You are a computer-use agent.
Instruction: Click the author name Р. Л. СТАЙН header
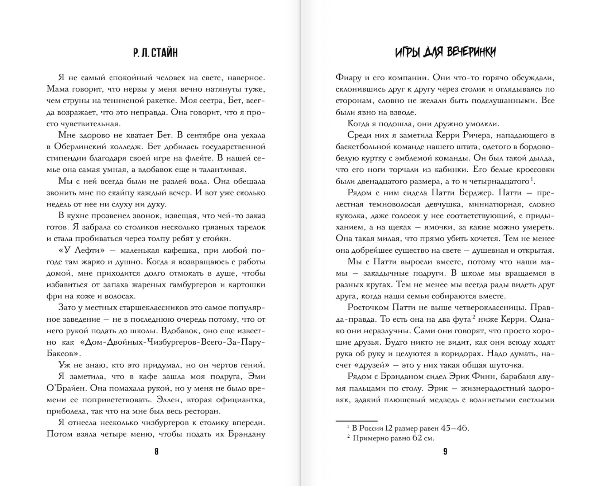point(155,53)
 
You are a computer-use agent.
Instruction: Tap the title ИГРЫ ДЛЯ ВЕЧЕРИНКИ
point(445,52)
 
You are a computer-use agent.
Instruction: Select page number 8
point(156,451)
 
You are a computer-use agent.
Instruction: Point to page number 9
point(445,451)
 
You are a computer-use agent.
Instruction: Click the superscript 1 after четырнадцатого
point(532,179)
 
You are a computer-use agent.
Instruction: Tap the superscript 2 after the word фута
point(474,317)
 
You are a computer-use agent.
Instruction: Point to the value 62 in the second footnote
point(417,438)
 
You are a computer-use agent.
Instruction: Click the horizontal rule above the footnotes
point(356,421)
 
